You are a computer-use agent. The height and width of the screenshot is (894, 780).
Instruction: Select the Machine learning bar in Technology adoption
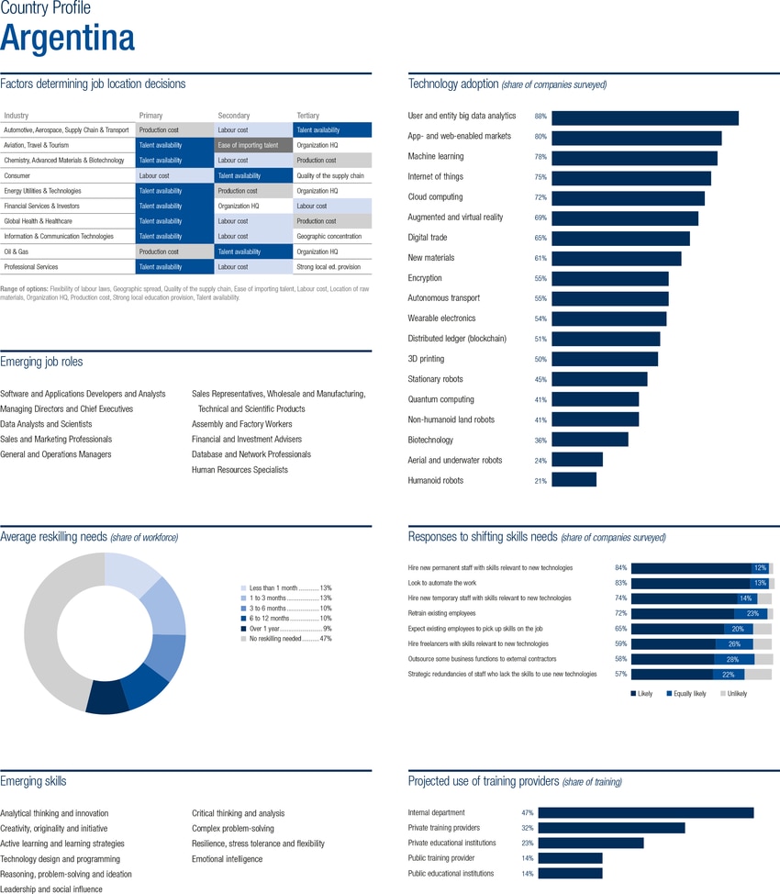633,158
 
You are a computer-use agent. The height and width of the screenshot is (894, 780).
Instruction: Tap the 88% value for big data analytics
540,117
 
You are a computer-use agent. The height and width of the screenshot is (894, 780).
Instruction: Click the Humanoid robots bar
574,480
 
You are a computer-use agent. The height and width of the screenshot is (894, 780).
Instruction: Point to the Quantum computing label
440,399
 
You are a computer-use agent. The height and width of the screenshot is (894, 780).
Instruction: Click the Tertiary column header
308,116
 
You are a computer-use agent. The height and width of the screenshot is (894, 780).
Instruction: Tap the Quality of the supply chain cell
330,175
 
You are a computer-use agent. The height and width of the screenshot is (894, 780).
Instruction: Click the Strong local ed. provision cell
329,267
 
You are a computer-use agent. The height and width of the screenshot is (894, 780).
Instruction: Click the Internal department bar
645,813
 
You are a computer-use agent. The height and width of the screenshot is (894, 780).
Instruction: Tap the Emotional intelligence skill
227,859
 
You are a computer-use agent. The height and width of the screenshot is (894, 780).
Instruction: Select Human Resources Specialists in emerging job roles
239,470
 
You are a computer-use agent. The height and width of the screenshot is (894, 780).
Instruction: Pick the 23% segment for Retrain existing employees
751,613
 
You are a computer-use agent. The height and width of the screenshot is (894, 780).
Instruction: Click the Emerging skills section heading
33,782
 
